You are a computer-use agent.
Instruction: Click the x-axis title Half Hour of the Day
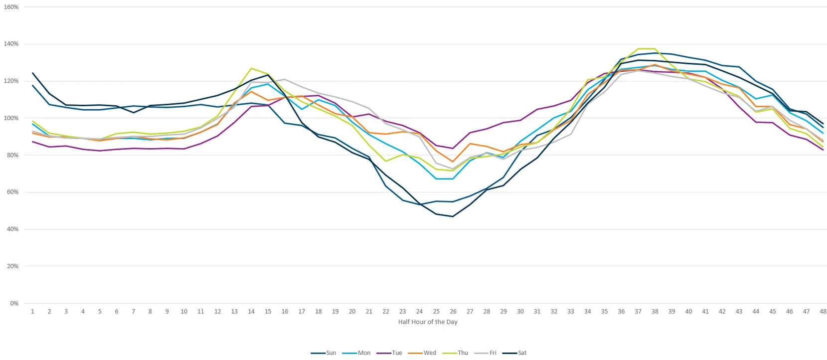pyautogui.click(x=428, y=322)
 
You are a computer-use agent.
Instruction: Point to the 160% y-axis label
pyautogui.click(x=11, y=7)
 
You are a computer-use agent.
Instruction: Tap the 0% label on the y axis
pyautogui.click(x=14, y=303)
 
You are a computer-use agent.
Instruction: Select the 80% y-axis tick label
pyautogui.click(x=12, y=155)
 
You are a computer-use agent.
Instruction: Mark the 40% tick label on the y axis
pyautogui.click(x=12, y=229)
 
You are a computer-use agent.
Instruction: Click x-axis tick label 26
pyautogui.click(x=453, y=312)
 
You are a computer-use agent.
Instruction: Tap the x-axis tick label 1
pyautogui.click(x=32, y=312)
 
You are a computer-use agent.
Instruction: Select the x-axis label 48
pyautogui.click(x=823, y=312)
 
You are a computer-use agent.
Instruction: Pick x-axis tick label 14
pyautogui.click(x=251, y=312)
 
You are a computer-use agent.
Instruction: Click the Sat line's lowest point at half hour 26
pyautogui.click(x=453, y=216)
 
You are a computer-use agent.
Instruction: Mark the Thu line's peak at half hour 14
pyautogui.click(x=251, y=68)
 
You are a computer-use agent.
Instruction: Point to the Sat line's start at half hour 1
pyautogui.click(x=32, y=73)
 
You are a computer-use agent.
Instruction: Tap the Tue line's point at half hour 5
pyautogui.click(x=100, y=151)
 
